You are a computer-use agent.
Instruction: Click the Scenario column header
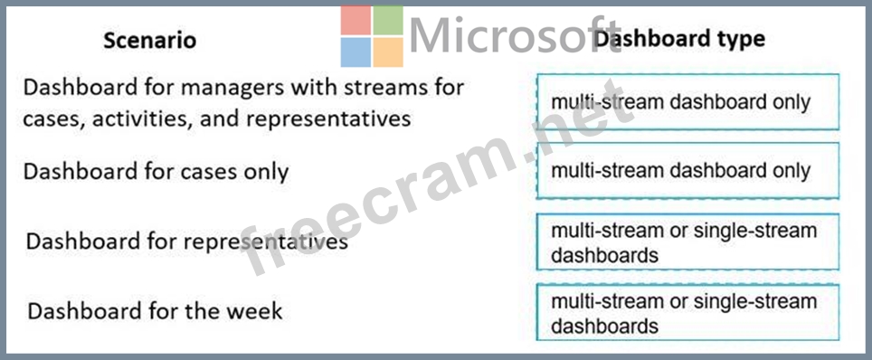149,41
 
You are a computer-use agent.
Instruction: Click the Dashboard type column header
679,38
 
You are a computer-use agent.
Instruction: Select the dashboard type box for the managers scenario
687,102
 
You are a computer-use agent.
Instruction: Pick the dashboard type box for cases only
687,170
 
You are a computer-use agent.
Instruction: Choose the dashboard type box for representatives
687,242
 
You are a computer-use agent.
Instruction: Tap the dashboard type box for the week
687,312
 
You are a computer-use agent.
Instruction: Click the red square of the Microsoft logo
355,20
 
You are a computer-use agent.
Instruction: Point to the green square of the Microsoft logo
388,20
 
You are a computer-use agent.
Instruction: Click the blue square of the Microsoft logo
355,52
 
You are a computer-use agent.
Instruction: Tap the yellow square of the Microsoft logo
388,52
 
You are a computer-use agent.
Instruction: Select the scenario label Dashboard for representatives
187,242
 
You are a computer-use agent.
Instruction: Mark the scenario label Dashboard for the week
155,310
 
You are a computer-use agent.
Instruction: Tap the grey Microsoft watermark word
515,35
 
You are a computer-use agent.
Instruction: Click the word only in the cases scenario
266,173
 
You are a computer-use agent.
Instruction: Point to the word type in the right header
739,40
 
